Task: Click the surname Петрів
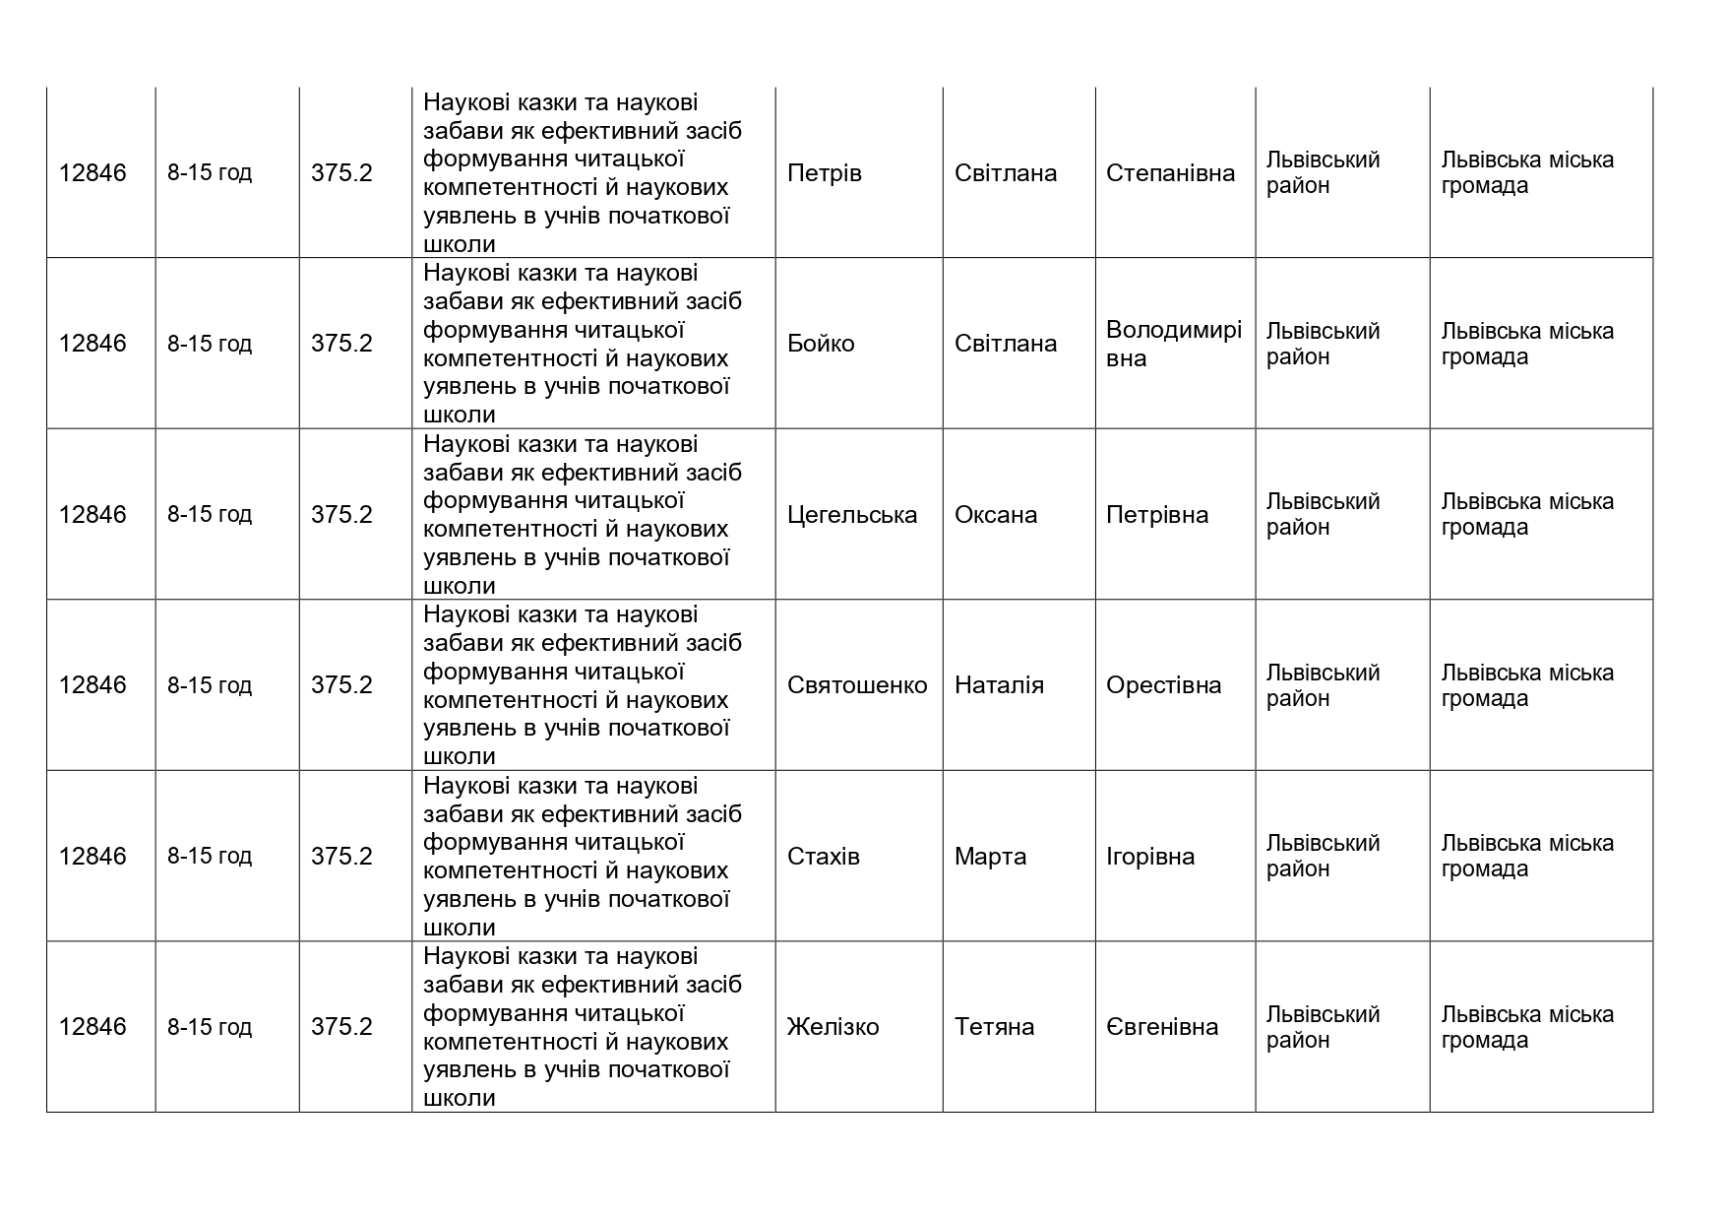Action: coord(824,173)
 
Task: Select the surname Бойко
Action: coord(821,344)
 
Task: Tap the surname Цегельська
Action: coord(852,515)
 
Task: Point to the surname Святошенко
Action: coord(857,685)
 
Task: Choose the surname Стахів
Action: coord(824,857)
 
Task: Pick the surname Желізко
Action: coord(833,1027)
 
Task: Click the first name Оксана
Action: coord(996,515)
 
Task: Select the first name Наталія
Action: coord(999,685)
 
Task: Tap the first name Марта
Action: coord(990,857)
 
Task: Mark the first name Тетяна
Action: coord(994,1027)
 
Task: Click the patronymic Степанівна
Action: coord(1170,173)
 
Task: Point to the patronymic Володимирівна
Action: coord(1174,344)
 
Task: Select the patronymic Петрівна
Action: coord(1157,515)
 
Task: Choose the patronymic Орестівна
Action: coord(1163,685)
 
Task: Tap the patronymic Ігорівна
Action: coord(1150,857)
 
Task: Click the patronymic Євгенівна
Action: coord(1162,1027)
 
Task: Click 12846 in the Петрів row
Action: coord(93,173)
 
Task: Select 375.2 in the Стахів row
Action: coord(341,857)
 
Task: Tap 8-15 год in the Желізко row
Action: coord(210,1027)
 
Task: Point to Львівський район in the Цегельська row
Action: coord(1323,515)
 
